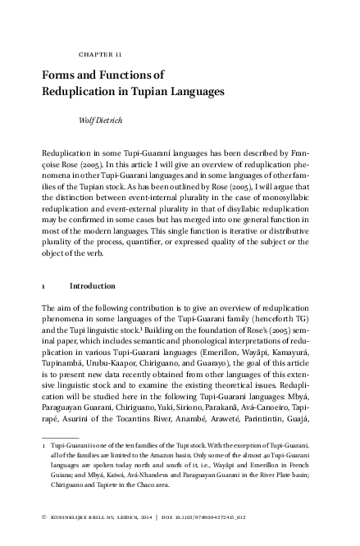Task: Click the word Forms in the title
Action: pos(60,75)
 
